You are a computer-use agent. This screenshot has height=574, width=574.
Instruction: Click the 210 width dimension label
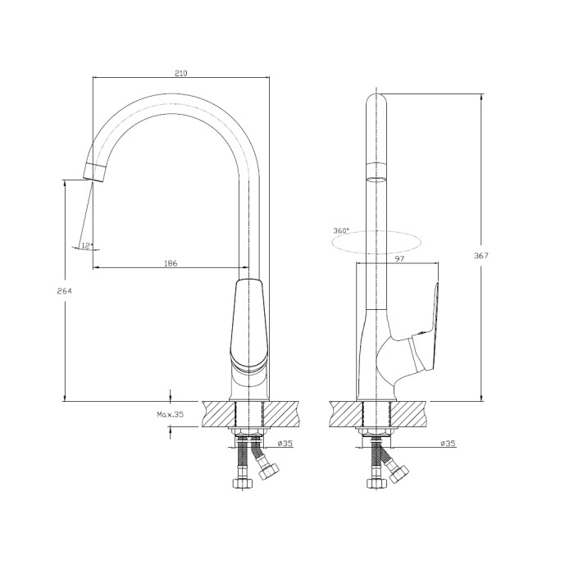point(181,73)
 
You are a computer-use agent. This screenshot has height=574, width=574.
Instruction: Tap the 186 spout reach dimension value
point(171,263)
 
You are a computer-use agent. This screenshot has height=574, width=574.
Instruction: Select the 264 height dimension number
point(65,291)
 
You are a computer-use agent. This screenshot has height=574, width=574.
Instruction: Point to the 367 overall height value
point(481,256)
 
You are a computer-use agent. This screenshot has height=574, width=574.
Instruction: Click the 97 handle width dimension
point(400,259)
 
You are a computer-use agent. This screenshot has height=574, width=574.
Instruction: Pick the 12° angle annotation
point(87,245)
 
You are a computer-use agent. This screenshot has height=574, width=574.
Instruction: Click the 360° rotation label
point(341,231)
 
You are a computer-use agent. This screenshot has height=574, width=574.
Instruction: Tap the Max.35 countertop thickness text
point(171,414)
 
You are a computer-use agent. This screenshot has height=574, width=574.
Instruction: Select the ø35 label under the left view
point(285,444)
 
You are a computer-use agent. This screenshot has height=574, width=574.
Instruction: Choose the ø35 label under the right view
point(448,444)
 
